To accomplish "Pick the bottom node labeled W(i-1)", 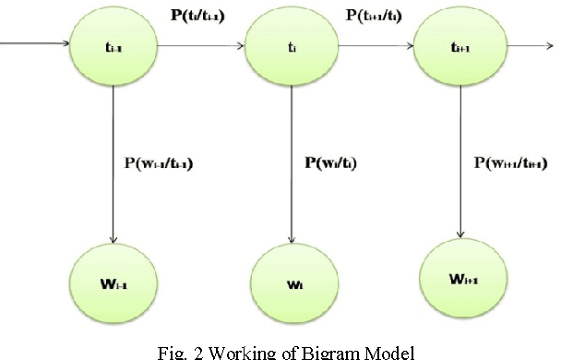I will coord(113,278).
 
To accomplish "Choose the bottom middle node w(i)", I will coord(290,278).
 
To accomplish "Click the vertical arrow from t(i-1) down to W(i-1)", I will coord(113,157).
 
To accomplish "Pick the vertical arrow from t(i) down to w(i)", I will coord(290,157).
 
